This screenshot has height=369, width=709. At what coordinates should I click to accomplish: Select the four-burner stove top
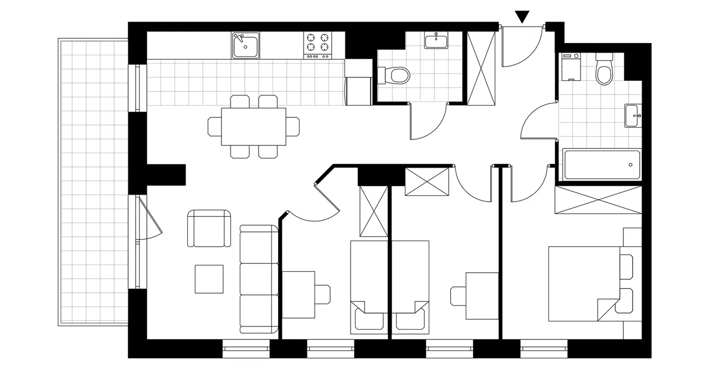pyautogui.click(x=317, y=45)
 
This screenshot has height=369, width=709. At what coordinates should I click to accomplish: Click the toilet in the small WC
pyautogui.click(x=395, y=74)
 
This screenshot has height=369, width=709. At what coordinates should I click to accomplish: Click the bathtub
pyautogui.click(x=602, y=164)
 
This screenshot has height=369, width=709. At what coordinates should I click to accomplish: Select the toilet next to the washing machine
pyautogui.click(x=604, y=70)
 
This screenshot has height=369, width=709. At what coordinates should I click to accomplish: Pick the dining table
pyautogui.click(x=254, y=127)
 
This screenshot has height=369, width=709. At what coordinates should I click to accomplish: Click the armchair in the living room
pyautogui.click(x=209, y=228)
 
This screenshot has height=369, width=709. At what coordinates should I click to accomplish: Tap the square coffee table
pyautogui.click(x=209, y=279)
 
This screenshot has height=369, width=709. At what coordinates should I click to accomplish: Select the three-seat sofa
pyautogui.click(x=259, y=279)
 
